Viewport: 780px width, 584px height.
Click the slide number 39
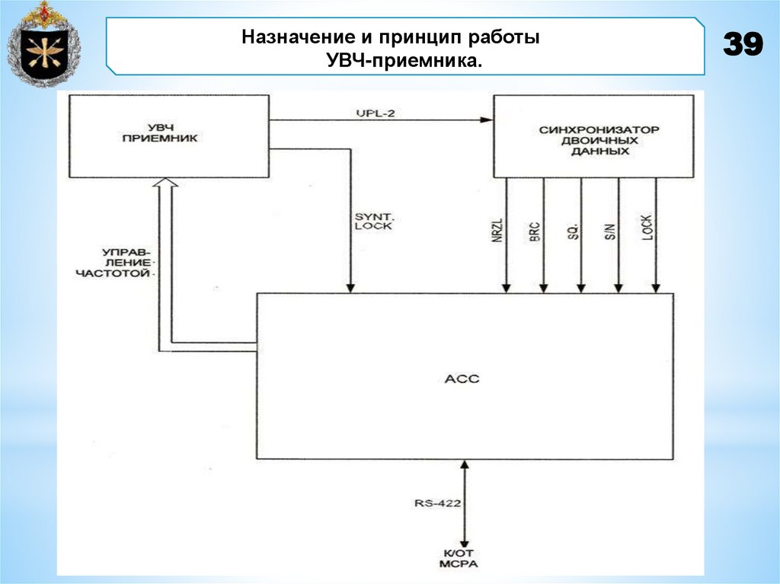coord(742,46)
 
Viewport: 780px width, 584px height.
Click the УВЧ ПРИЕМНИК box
coord(168,136)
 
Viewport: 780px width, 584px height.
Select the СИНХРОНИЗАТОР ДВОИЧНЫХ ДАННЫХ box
coord(593,137)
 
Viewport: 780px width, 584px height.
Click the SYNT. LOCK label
coord(373,221)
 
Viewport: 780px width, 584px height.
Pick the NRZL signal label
coord(497,229)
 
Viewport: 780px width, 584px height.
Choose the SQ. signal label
coord(572,231)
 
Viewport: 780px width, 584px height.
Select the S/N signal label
coord(609,231)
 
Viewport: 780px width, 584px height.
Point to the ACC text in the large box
coord(462,378)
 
